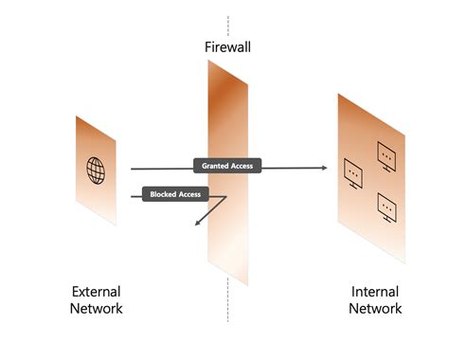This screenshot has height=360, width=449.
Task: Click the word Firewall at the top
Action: click(227, 46)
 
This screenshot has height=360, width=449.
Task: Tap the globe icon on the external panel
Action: click(96, 171)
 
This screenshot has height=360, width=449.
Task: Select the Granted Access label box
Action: click(227, 166)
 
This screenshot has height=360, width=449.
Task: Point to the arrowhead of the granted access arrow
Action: click(324, 168)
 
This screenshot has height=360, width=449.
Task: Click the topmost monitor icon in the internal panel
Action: click(386, 151)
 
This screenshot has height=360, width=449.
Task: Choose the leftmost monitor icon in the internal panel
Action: click(351, 171)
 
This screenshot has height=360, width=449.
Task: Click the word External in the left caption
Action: click(96, 292)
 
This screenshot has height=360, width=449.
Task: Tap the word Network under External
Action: click(96, 309)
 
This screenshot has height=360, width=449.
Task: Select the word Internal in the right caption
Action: click(374, 292)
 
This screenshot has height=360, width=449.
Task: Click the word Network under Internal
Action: click(374, 309)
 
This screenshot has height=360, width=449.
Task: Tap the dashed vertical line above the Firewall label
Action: click(227, 24)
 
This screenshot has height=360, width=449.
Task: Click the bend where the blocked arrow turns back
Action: click(226, 197)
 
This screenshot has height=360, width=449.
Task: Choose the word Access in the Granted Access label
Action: click(242, 166)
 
